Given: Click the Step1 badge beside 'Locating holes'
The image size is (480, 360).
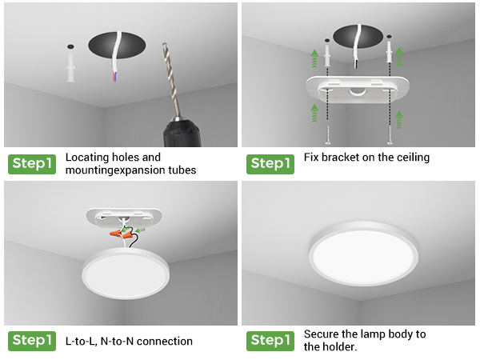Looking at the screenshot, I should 31,163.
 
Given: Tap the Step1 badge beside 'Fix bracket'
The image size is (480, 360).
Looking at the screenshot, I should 270,163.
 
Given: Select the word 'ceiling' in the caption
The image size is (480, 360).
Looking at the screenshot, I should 410,158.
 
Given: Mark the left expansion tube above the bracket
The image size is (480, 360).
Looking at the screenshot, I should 327,56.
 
